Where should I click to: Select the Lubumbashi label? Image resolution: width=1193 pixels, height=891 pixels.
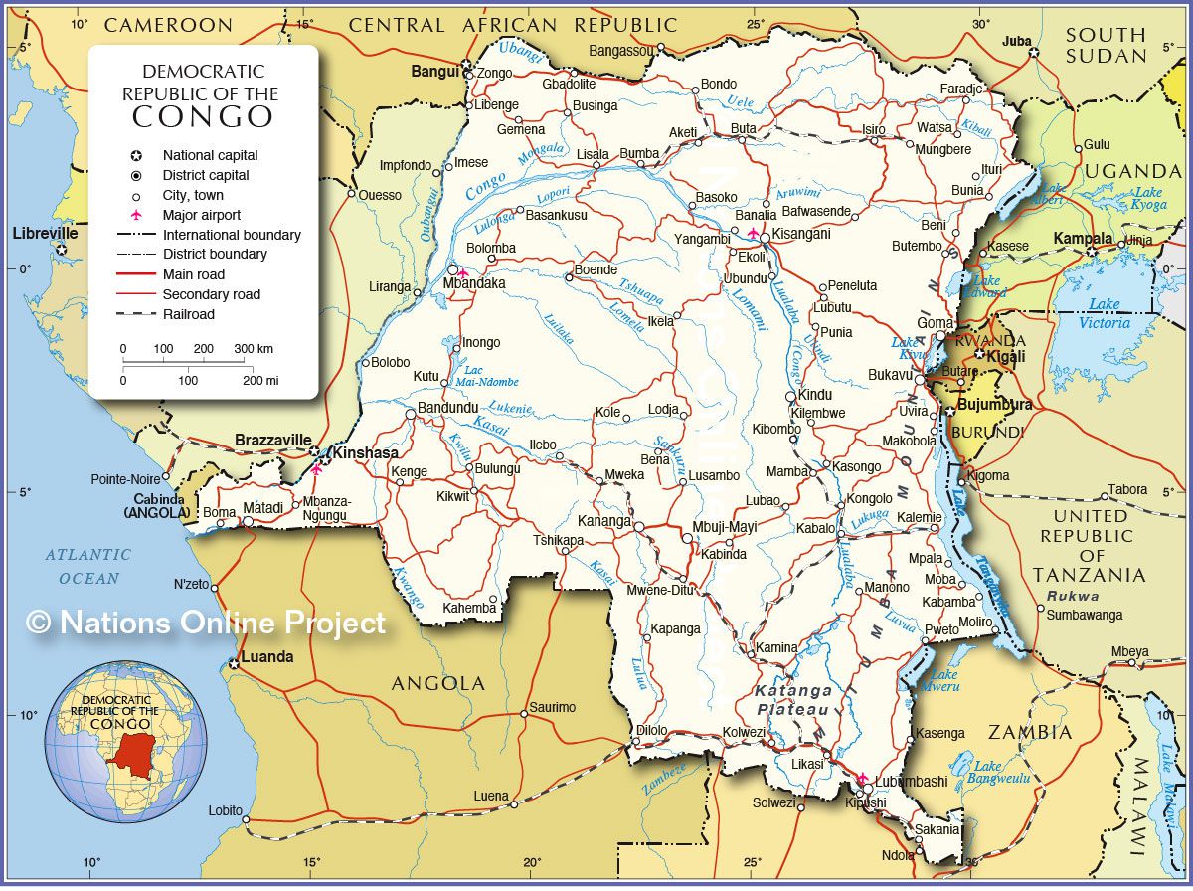coord(912,782)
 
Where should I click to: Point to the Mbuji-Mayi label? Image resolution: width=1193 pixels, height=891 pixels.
coord(725,527)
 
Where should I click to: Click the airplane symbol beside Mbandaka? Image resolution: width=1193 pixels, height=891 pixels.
coord(462,272)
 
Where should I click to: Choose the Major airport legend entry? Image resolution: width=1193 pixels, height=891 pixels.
coord(202,215)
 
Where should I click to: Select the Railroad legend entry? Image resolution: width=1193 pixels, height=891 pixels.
coord(189,314)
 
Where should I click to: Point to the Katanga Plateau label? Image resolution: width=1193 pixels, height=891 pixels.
coord(792,699)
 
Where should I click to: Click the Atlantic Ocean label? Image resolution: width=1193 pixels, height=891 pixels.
coord(87,566)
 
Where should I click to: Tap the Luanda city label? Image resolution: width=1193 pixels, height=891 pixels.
coord(268,656)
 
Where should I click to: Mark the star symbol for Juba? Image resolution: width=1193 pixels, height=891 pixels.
coord(1034,52)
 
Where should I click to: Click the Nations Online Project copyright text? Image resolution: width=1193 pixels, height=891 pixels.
coord(205,623)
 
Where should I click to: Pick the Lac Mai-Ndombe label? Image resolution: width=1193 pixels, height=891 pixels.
coord(487,375)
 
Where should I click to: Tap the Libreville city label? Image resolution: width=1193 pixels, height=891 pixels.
coord(45,233)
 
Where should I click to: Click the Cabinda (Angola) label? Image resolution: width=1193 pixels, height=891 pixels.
coord(156,506)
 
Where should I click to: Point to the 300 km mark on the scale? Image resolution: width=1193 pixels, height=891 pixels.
coord(253,349)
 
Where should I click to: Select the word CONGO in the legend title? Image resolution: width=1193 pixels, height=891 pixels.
coord(203,116)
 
